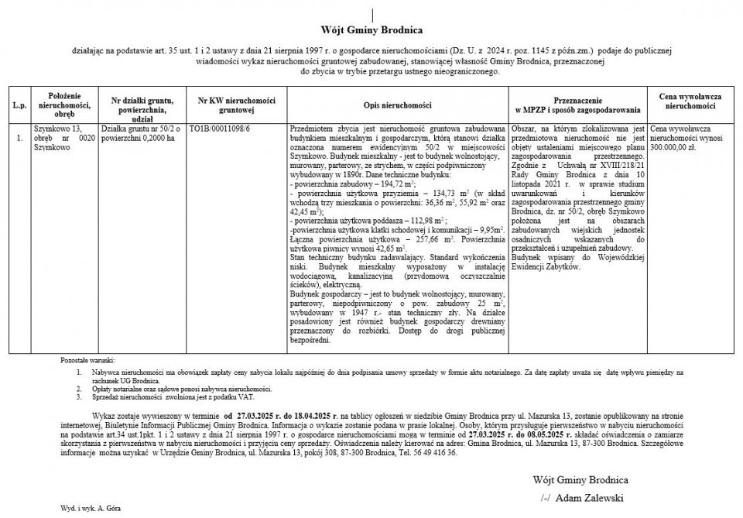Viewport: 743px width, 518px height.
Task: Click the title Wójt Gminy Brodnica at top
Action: click(x=371, y=30)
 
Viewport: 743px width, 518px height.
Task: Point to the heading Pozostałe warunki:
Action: click(x=87, y=362)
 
